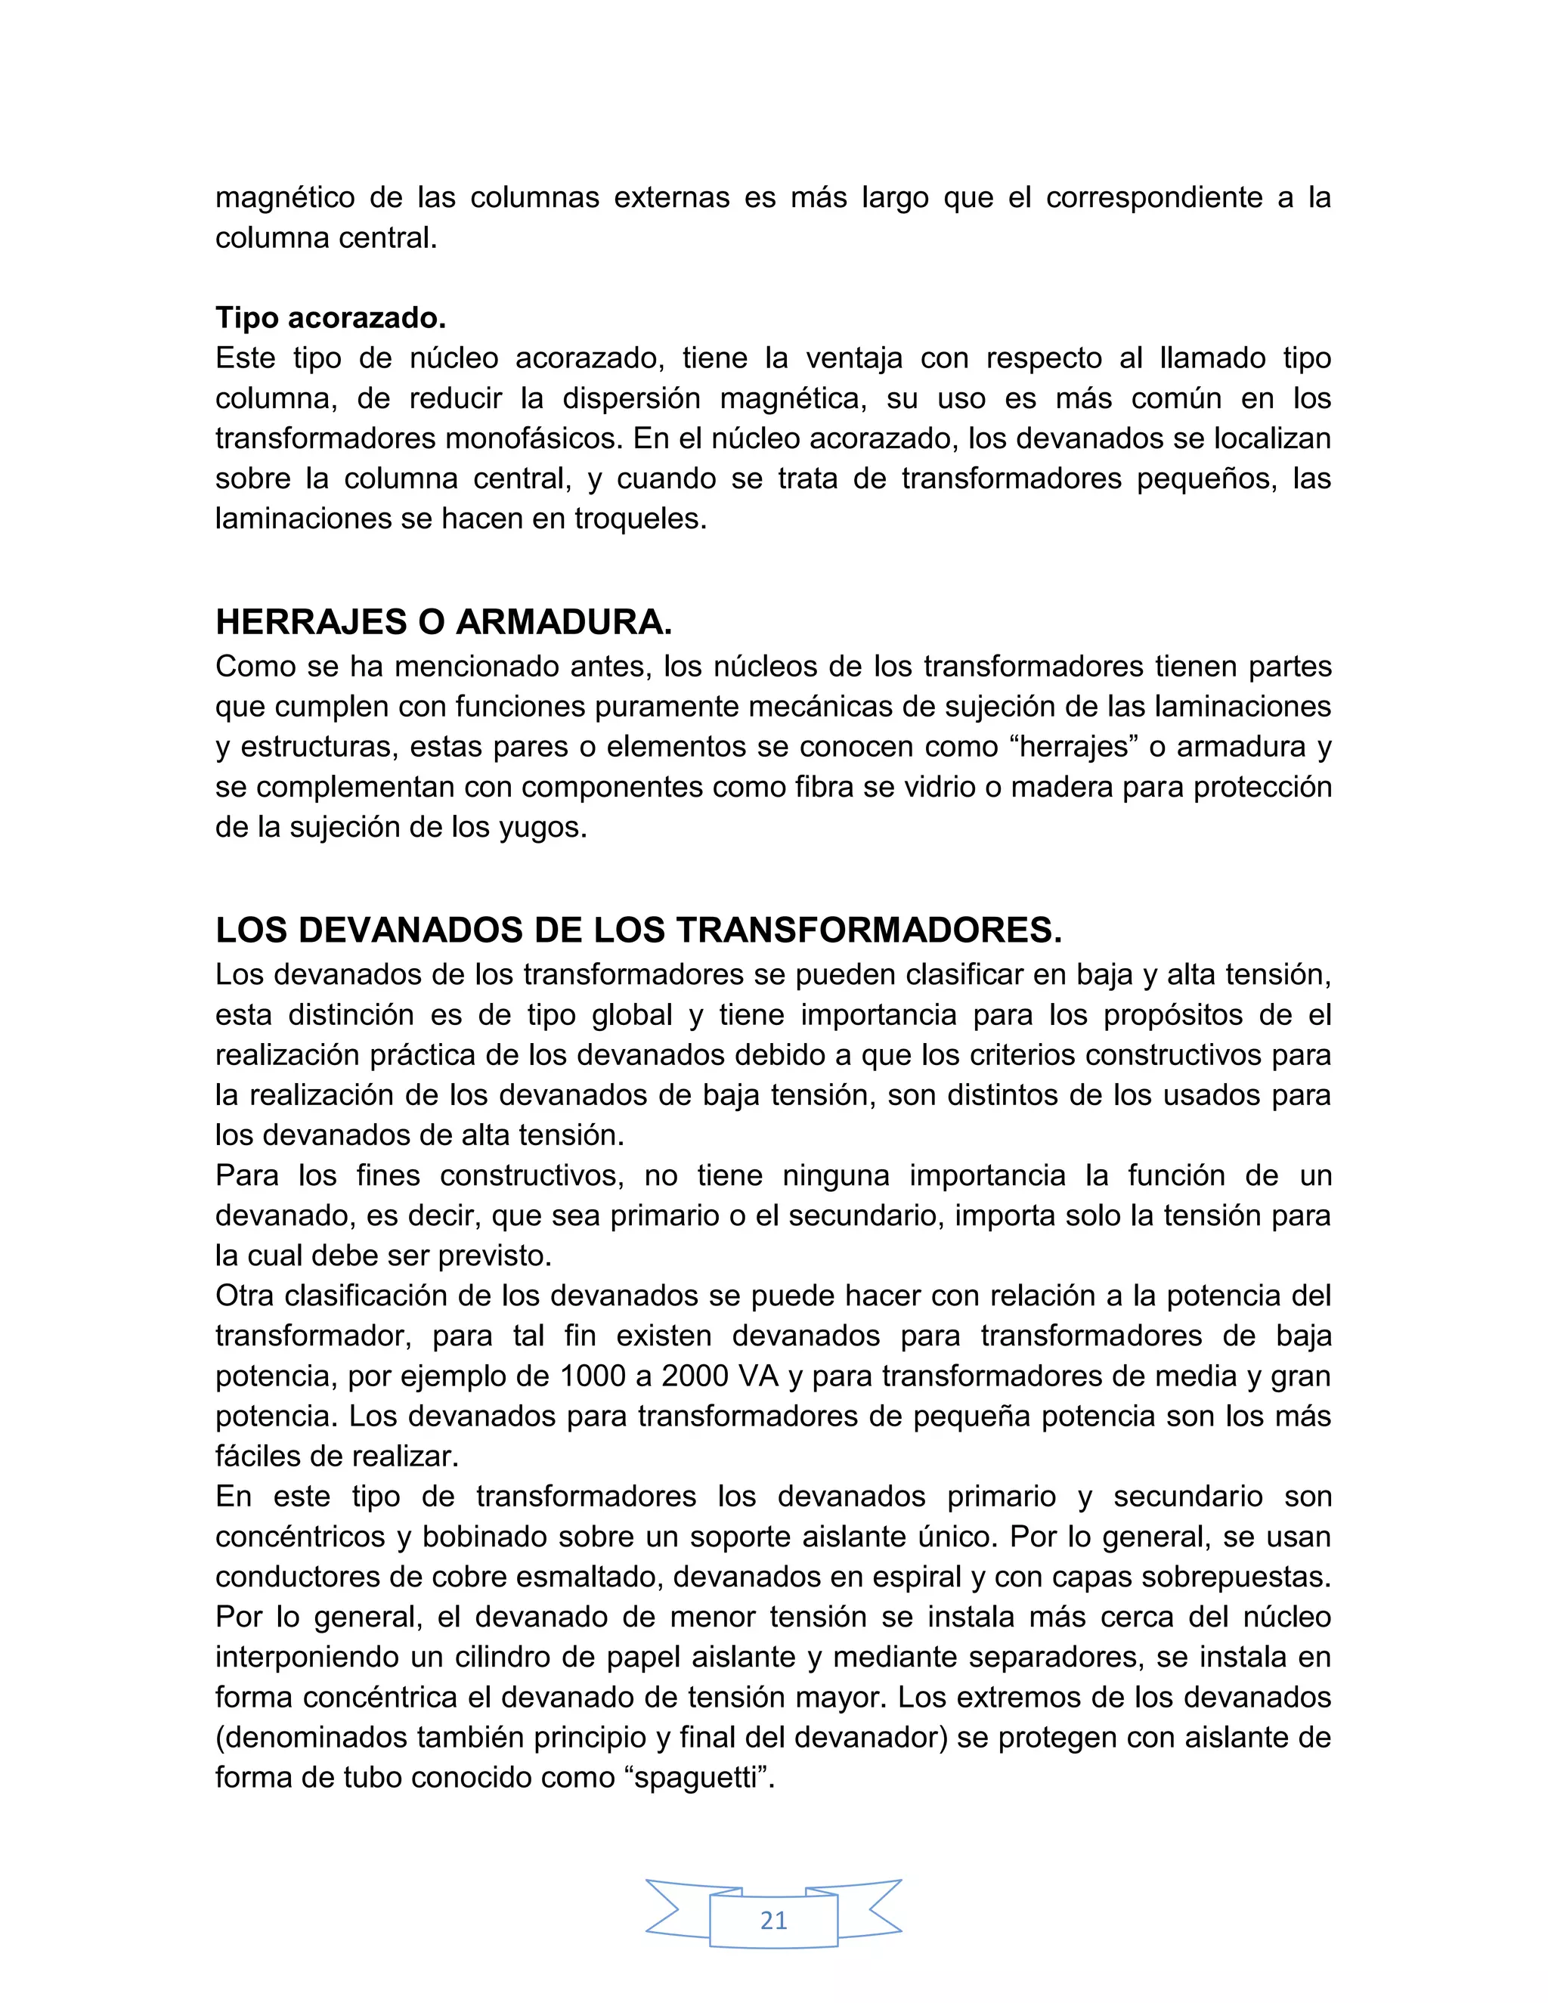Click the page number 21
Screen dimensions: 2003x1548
point(773,1920)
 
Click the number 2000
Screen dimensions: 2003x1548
point(697,1376)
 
